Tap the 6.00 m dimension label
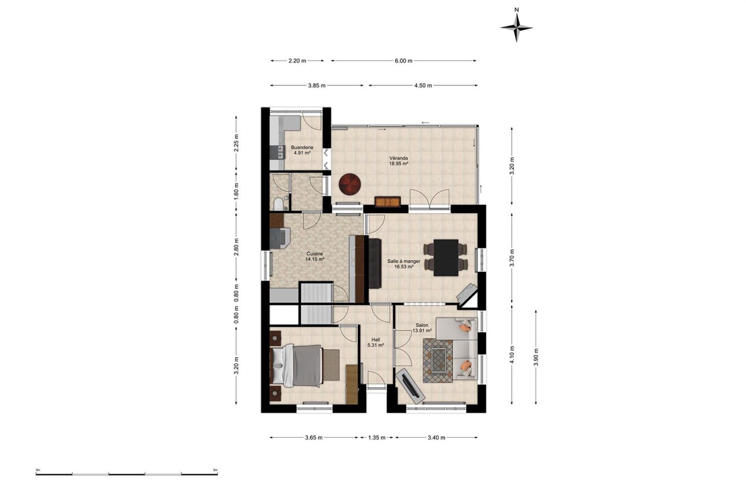(x=404, y=61)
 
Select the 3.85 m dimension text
(x=317, y=86)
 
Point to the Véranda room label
(x=399, y=158)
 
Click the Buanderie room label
(x=302, y=148)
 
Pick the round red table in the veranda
(x=350, y=184)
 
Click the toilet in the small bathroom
(x=278, y=204)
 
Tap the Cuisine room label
(x=315, y=254)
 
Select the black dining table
(x=446, y=257)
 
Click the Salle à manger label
(x=404, y=261)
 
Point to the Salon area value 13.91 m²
(x=422, y=331)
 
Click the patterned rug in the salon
(x=438, y=361)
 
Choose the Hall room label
(x=375, y=340)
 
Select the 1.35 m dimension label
(x=377, y=438)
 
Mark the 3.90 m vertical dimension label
(x=536, y=357)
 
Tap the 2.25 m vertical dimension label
(x=237, y=143)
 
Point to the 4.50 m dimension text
(x=423, y=86)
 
